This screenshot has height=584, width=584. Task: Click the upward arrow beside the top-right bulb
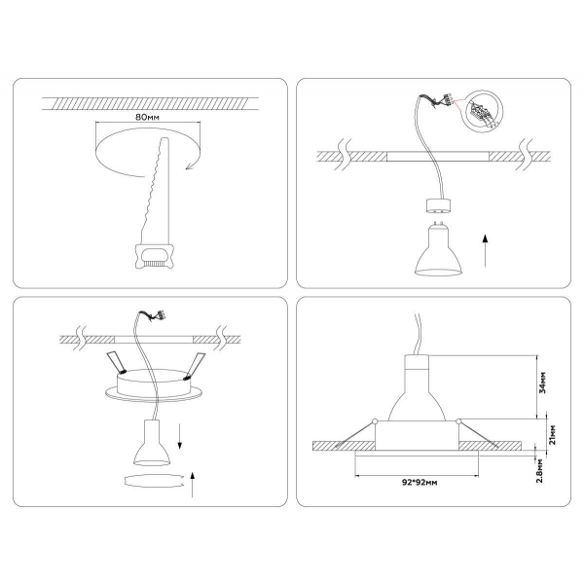tap(485, 247)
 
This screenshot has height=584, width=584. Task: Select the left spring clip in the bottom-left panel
tap(118, 363)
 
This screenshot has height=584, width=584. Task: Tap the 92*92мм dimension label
tap(418, 481)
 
